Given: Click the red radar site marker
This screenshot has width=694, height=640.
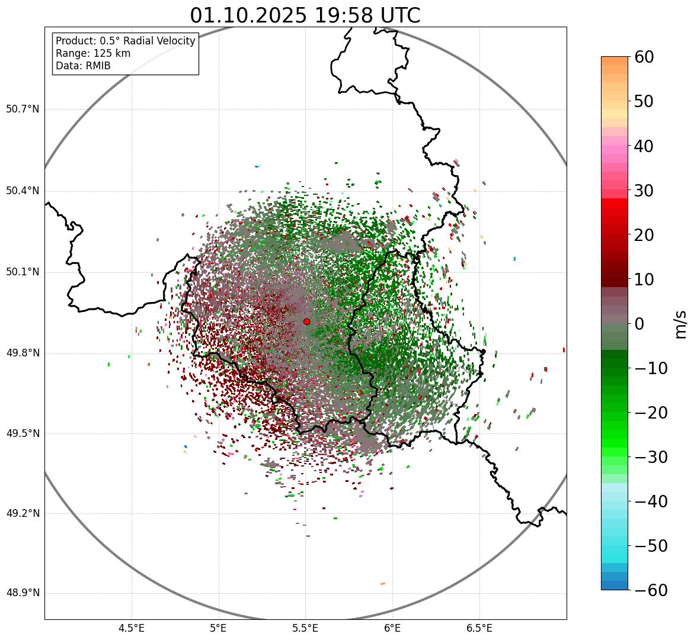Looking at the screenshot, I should click(306, 321).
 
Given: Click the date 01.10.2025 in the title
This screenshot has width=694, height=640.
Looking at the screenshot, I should click(248, 15).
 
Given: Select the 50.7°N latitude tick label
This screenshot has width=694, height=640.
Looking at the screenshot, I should click(23, 109).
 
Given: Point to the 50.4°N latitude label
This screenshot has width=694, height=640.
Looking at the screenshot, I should click(23, 191).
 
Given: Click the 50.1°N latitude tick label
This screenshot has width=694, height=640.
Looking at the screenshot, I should click(23, 272).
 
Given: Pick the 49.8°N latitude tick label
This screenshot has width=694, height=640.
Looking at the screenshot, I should click(23, 353).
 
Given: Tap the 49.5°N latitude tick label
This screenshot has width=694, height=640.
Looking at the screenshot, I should click(23, 433).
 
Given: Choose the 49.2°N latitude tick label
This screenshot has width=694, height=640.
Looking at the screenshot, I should click(23, 513).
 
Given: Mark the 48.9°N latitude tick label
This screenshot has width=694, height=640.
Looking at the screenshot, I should click(23, 593).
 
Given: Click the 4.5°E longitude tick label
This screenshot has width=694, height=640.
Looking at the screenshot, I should click(132, 628).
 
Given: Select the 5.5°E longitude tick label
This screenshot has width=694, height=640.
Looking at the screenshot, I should click(305, 628).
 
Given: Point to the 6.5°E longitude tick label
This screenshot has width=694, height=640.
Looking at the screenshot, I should click(479, 628).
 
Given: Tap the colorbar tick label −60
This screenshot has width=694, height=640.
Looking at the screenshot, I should click(651, 590).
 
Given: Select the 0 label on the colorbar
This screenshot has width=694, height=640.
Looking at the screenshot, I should click(639, 324).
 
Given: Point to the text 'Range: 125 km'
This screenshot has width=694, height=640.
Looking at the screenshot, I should click(93, 53).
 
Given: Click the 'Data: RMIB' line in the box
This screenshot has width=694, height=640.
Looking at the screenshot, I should click(83, 66).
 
